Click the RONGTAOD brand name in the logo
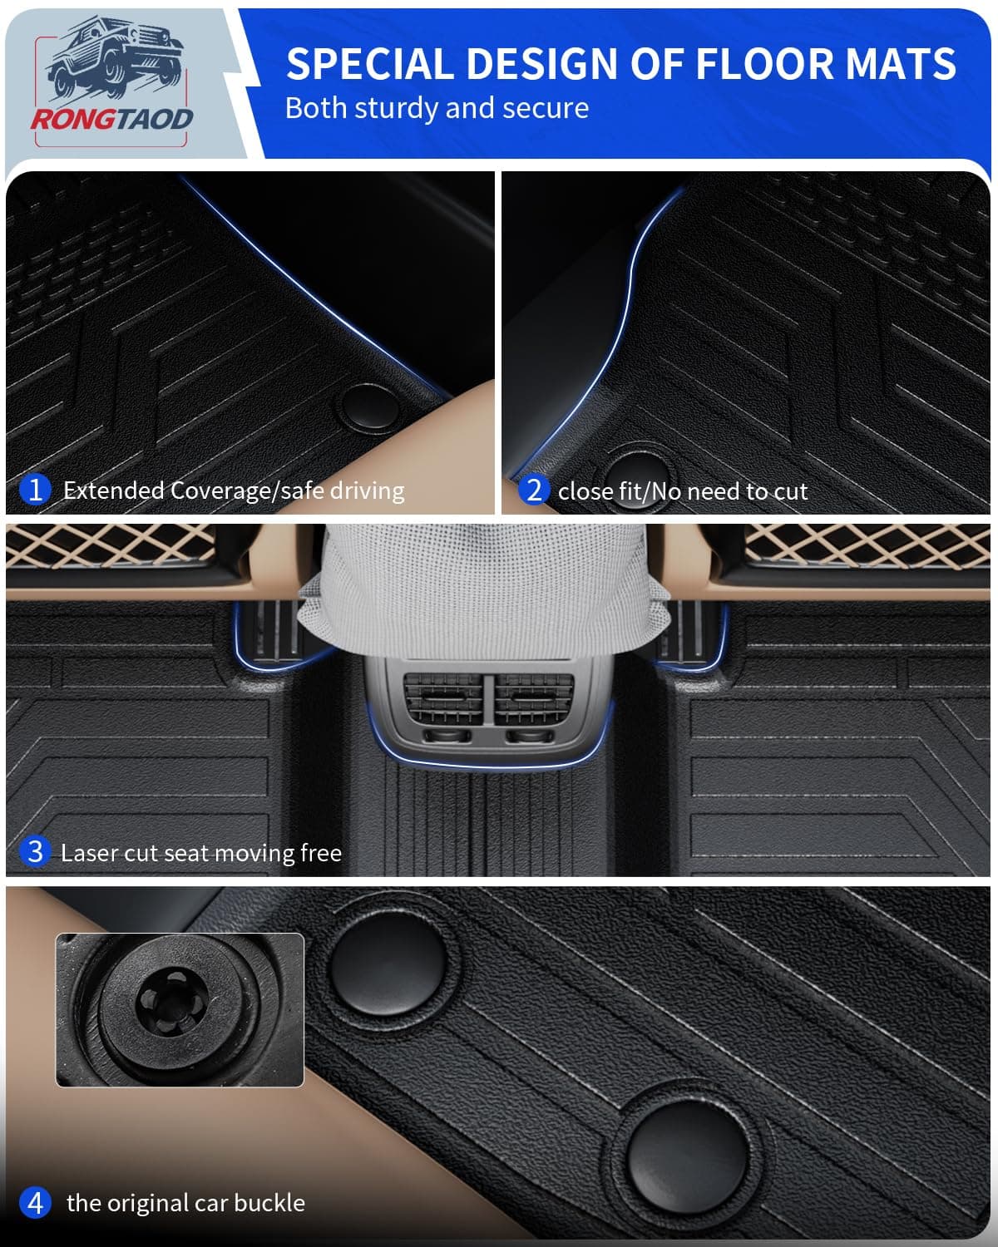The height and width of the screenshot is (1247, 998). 112,120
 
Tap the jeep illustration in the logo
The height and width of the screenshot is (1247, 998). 116,58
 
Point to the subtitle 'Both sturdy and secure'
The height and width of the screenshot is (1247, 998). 437,108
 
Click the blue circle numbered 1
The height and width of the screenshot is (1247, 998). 35,490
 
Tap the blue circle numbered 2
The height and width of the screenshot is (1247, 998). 533,490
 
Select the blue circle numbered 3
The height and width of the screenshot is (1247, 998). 35,852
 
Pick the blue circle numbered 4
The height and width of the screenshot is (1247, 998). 35,1203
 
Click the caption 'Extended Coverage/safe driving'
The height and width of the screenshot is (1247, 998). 234,490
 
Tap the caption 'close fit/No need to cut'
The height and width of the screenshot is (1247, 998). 683,491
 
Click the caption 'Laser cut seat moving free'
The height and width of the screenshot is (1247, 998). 201,853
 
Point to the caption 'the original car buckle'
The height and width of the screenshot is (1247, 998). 185,1203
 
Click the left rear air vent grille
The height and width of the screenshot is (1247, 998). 443,699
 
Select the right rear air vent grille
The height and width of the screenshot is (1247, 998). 532,699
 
